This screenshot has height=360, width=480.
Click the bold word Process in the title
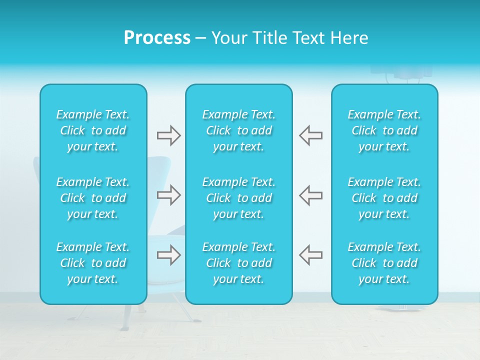point(157,38)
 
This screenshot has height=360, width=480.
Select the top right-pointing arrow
point(168,135)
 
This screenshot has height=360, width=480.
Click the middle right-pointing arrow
point(168,195)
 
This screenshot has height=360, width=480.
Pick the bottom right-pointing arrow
point(168,255)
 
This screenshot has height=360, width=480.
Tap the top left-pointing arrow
point(310,135)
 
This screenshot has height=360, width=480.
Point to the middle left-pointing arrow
point(310,195)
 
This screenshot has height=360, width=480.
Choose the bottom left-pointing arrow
point(310,255)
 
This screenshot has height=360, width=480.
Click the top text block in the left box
point(93,130)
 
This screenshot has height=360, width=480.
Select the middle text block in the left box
point(93,198)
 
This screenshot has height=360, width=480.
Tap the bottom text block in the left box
point(93,263)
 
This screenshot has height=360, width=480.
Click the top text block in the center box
point(239,130)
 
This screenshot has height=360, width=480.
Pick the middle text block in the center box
point(239,198)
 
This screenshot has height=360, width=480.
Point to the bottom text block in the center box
point(239,263)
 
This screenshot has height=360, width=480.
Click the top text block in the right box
point(384,130)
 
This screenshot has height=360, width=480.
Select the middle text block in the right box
point(384,198)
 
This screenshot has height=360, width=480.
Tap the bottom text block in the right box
point(384,263)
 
